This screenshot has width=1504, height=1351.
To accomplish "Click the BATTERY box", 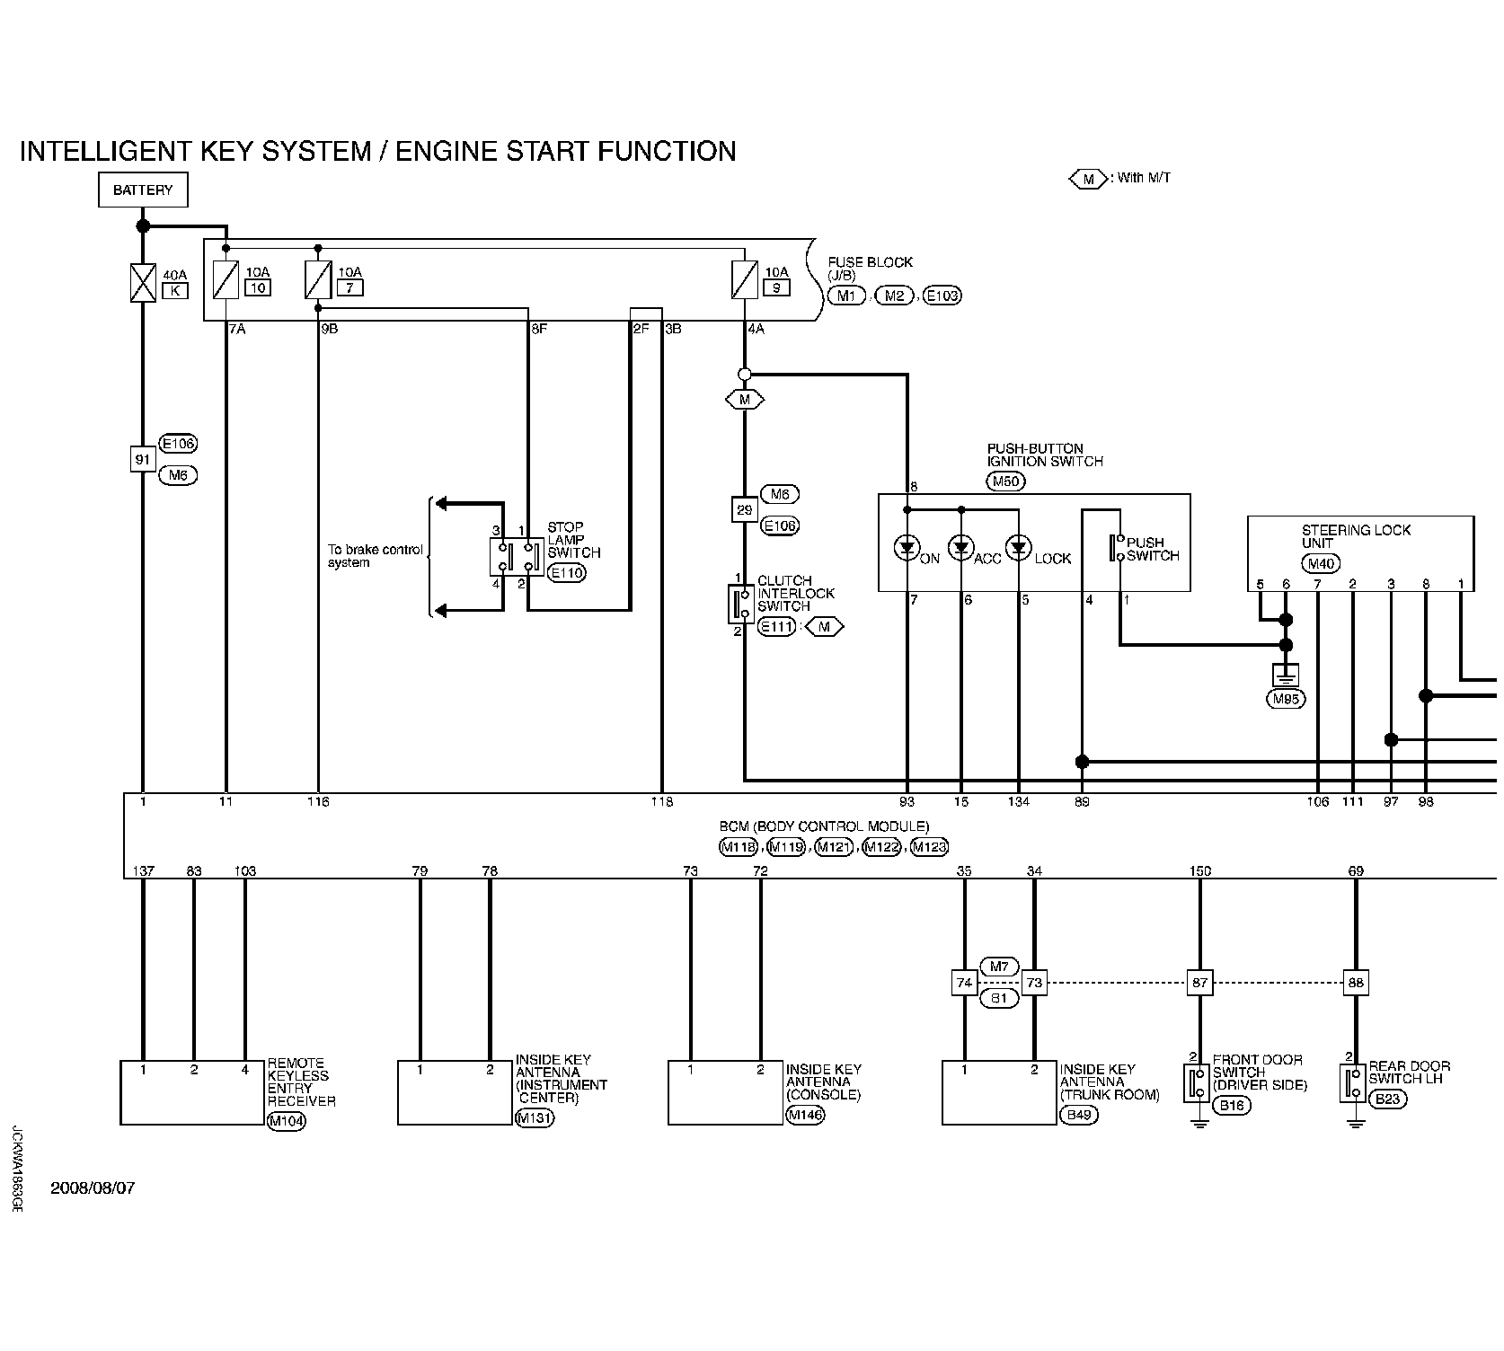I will (x=143, y=190).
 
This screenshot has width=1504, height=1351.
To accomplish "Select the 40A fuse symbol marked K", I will (x=143, y=282).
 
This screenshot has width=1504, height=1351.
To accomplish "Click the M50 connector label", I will (x=1007, y=481).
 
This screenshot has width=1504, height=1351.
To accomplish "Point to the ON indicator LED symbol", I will (x=907, y=547).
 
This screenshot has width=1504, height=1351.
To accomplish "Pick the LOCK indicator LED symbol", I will (x=1018, y=547).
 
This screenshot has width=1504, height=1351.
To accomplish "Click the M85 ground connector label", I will (x=1286, y=699).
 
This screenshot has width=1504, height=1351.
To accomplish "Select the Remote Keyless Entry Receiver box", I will (x=192, y=1092).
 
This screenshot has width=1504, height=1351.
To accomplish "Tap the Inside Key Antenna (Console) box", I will (x=725, y=1092).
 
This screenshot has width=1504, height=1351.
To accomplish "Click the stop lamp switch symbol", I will (x=517, y=557).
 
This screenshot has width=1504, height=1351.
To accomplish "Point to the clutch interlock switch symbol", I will (x=743, y=603).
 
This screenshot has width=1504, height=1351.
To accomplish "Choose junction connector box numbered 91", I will (x=143, y=459).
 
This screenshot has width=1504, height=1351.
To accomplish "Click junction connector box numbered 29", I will (x=744, y=509).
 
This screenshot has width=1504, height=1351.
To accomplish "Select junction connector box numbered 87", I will (x=1199, y=983).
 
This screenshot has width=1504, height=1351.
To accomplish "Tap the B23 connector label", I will (x=1389, y=1098).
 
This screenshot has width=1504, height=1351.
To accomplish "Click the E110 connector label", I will (x=566, y=572).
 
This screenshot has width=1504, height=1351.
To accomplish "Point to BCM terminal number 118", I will (x=662, y=801).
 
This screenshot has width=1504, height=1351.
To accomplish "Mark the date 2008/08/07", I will (x=93, y=1188).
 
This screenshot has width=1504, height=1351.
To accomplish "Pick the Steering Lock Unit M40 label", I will (x=1321, y=564).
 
